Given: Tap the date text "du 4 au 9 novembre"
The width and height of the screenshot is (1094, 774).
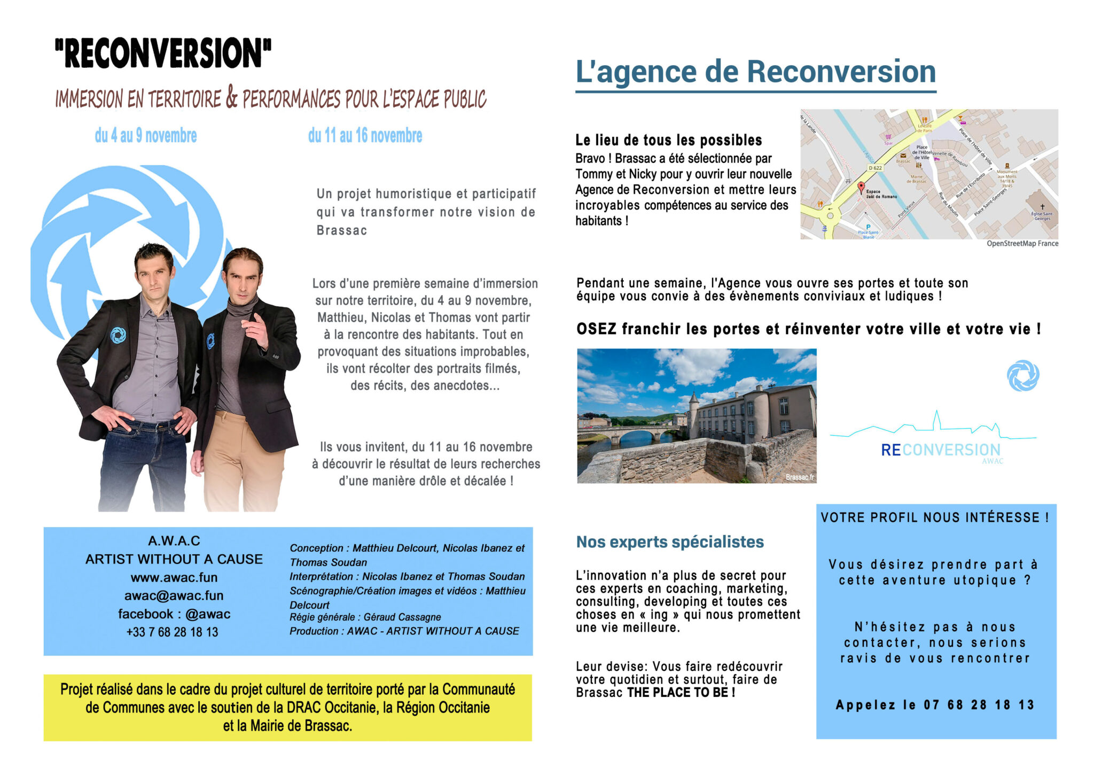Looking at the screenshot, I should click(x=146, y=136).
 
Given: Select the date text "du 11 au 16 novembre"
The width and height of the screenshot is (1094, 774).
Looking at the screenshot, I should click(x=365, y=136).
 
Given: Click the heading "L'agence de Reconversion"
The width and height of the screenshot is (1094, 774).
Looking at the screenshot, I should click(x=755, y=72).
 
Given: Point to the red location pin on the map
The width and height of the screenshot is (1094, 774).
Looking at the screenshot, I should click(x=861, y=187).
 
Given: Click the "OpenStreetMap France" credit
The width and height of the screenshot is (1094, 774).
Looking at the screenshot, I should click(x=1022, y=244).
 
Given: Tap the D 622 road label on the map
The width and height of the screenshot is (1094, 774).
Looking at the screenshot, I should click(x=875, y=168).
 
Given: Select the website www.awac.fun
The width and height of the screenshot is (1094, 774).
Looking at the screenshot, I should click(x=174, y=577).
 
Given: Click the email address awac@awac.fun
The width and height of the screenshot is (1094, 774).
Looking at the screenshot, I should click(x=174, y=595).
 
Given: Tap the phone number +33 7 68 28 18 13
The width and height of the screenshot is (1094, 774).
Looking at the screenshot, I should click(x=173, y=632).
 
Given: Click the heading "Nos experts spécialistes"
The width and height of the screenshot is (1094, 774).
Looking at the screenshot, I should click(x=670, y=542).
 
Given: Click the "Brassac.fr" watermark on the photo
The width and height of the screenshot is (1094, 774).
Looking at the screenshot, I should click(x=800, y=477).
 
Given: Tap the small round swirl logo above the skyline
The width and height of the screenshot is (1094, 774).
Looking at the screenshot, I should click(x=1023, y=376).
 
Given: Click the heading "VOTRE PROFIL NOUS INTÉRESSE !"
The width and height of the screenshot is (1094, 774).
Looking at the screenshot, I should click(x=935, y=517).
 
